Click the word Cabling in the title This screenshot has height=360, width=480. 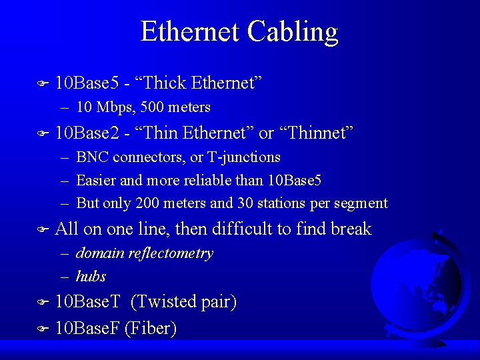tap(293, 32)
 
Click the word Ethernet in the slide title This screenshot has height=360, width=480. tap(190, 32)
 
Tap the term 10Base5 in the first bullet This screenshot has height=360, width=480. tap(87, 83)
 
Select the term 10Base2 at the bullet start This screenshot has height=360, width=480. tap(87, 133)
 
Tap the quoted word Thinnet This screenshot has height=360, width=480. tap(315, 133)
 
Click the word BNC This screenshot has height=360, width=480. tap(93, 157)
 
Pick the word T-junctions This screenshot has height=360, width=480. tap(243, 157)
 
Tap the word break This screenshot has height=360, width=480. tap(351, 229)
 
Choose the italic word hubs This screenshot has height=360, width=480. tap(91, 276)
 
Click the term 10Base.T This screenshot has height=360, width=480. tap(87, 302)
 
